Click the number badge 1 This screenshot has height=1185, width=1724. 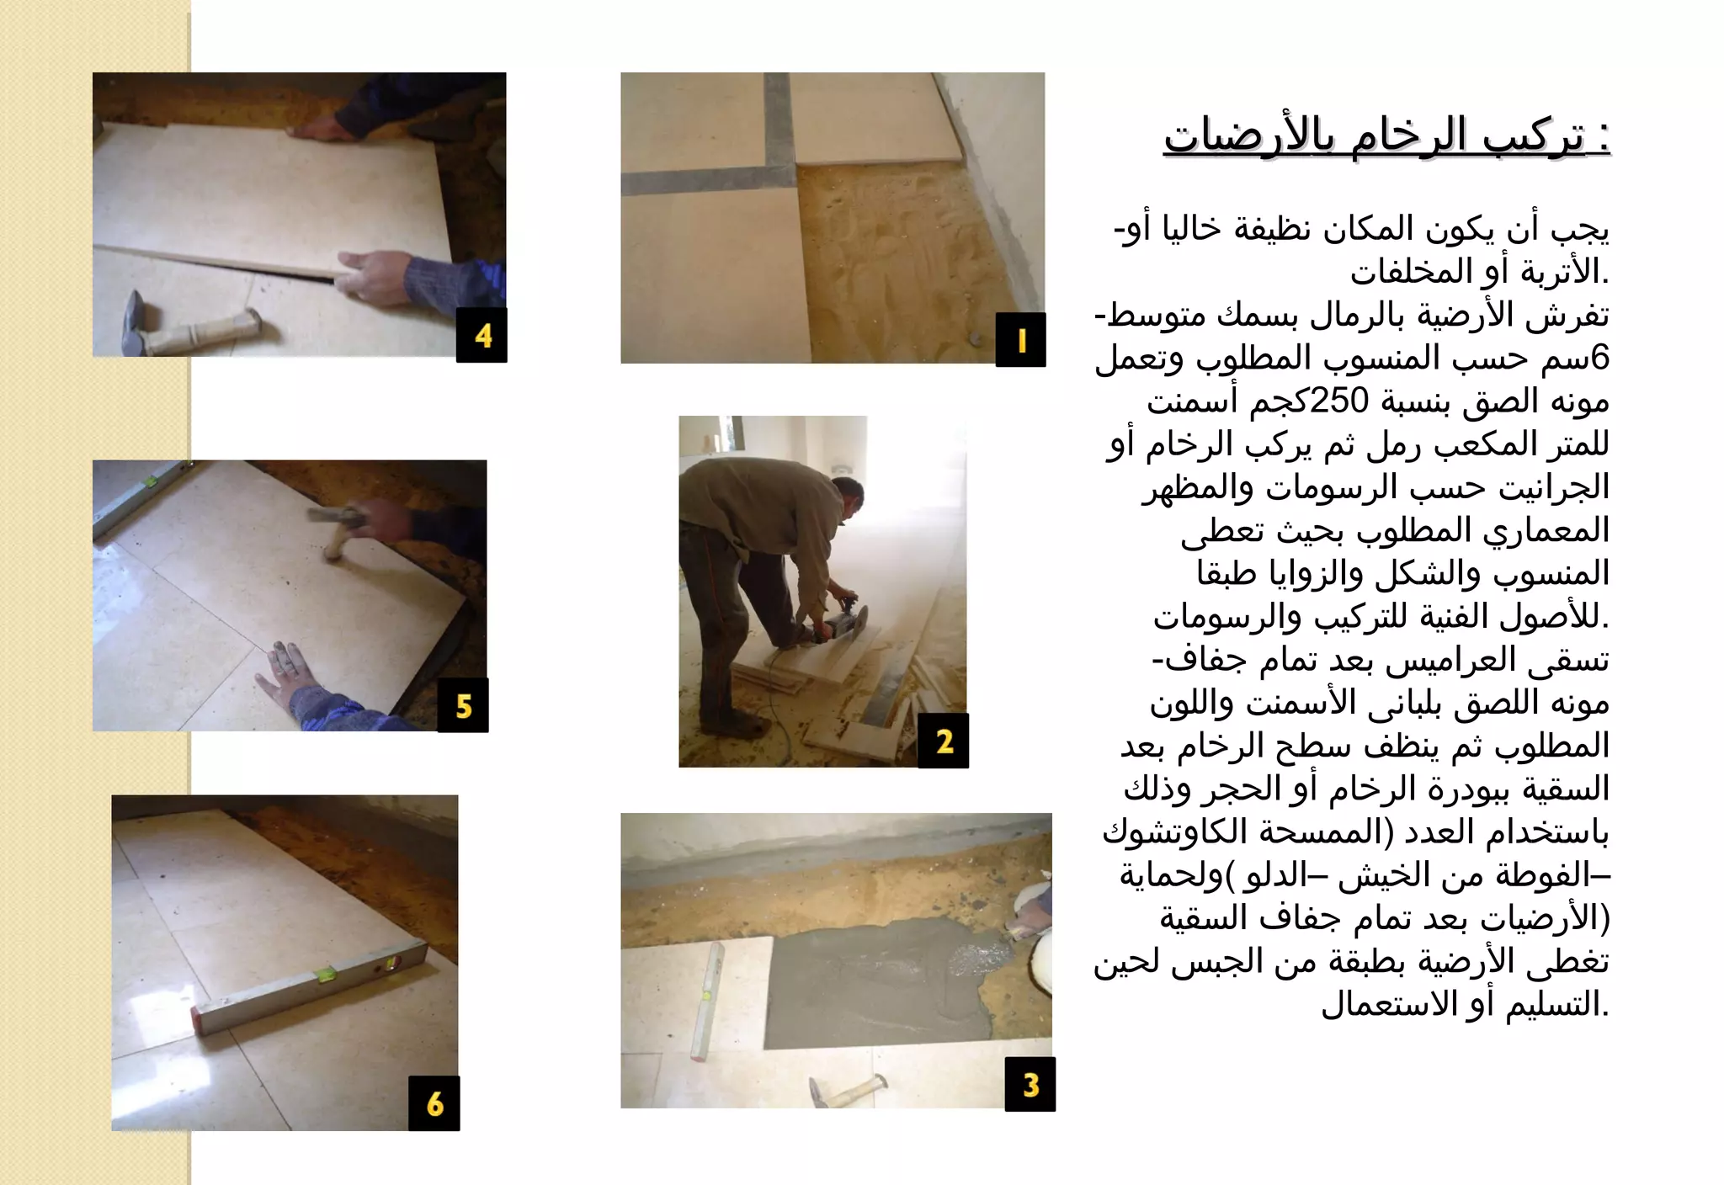(x=1020, y=339)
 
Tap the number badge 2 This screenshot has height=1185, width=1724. (x=944, y=741)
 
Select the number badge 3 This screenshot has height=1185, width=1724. (x=1030, y=1084)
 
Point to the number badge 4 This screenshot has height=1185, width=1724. (x=482, y=335)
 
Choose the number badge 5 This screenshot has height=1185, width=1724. (x=463, y=705)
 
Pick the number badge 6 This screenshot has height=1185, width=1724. (x=434, y=1103)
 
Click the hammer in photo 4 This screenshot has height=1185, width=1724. (x=185, y=327)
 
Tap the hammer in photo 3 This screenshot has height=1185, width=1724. (x=846, y=1089)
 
